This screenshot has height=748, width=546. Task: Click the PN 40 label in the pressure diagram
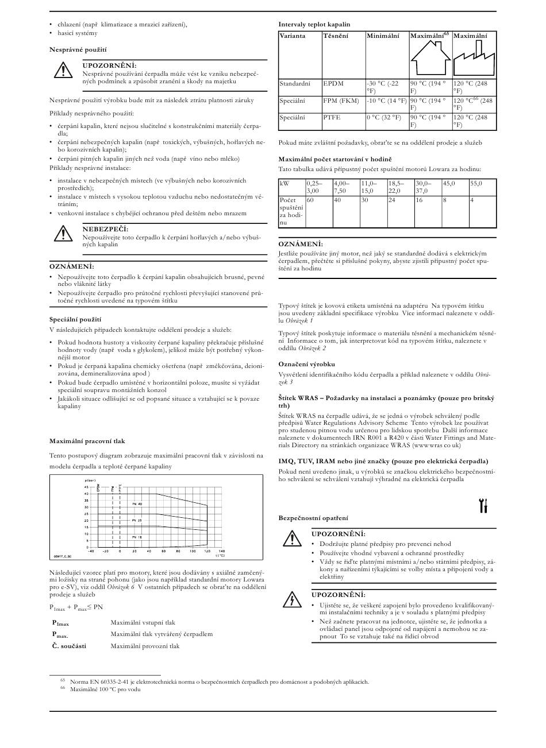coord(137,503)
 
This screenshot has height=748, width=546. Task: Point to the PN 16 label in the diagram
coord(137,536)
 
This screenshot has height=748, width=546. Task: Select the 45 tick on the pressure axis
coord(86,487)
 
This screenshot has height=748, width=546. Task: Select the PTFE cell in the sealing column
coord(332,117)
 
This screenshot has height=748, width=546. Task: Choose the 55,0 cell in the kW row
coord(476,183)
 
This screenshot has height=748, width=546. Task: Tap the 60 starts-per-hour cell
coord(310,200)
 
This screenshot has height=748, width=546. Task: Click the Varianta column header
coord(293,36)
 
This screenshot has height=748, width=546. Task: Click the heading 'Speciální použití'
coord(75,319)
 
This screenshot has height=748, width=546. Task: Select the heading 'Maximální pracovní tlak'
coord(87,441)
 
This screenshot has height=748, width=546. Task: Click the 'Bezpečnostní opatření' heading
coord(313,518)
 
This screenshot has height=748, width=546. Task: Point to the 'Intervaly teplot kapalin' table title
coord(314,24)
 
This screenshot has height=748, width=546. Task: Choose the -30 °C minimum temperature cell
coord(383,87)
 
